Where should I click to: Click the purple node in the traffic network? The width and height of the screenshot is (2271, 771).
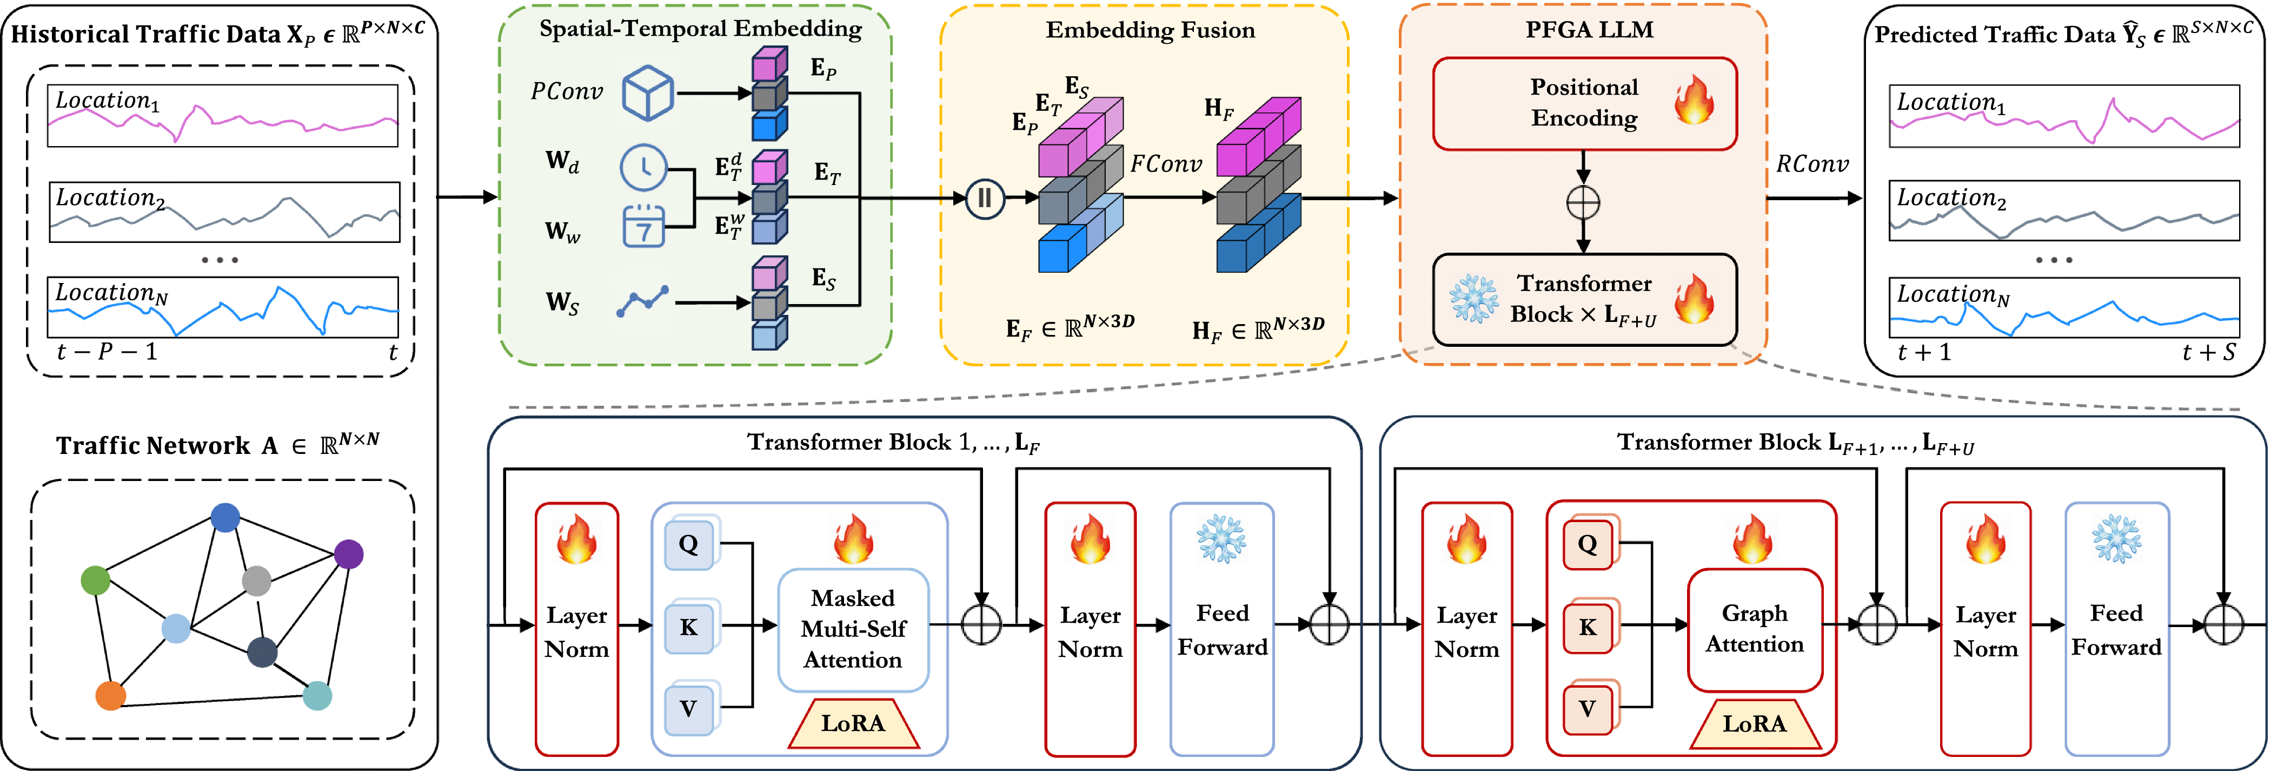(x=349, y=554)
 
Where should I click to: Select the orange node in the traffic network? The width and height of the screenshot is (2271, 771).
(x=110, y=695)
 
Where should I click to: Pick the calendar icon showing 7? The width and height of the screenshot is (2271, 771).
(x=643, y=227)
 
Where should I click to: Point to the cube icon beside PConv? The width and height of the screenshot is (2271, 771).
(x=648, y=93)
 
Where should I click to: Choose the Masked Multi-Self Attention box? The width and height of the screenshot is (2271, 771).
(x=853, y=629)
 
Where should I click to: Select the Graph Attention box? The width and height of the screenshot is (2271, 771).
(x=1755, y=629)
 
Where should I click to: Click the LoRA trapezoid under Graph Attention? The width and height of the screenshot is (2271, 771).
(x=1755, y=724)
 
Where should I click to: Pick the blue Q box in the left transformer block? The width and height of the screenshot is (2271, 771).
(x=688, y=544)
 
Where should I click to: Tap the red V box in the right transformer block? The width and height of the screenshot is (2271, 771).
(x=1587, y=708)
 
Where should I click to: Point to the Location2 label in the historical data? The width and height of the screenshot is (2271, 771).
(x=110, y=199)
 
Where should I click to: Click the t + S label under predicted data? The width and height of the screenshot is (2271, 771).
(x=2208, y=353)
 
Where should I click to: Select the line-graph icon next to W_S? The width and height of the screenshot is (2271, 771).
(x=643, y=302)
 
